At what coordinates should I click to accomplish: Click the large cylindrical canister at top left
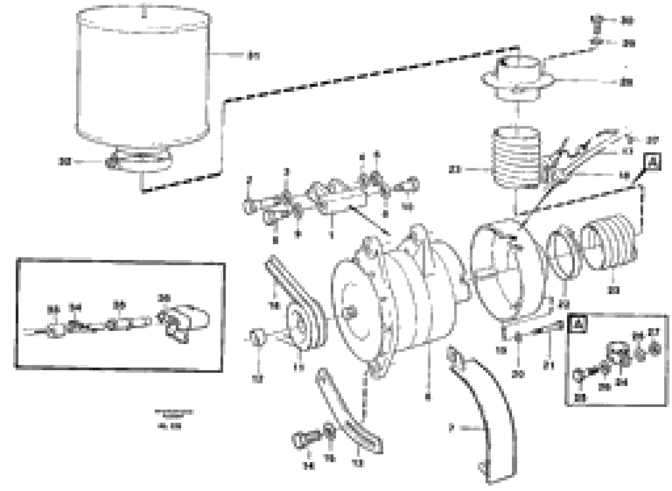point(143,80)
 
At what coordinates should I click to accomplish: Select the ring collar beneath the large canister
point(140,162)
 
